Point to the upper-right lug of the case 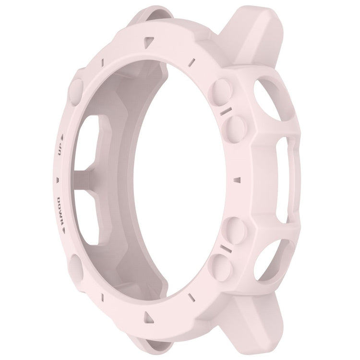pos(255,38)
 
